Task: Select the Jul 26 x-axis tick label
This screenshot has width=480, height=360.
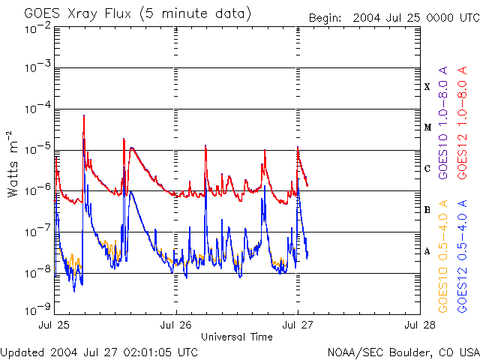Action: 176,325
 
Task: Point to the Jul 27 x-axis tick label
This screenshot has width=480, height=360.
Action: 298,325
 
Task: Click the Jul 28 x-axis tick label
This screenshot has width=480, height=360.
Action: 418,325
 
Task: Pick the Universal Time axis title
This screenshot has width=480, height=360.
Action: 237,337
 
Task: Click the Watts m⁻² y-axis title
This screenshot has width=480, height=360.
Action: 13,163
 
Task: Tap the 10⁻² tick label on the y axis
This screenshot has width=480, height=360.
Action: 37,28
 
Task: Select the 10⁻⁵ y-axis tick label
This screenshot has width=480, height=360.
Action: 37,150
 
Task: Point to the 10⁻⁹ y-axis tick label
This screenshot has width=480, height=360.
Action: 37,307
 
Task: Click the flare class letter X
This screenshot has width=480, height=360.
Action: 427,87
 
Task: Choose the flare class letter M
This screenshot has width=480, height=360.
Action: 427,127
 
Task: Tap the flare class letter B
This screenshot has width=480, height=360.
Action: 427,210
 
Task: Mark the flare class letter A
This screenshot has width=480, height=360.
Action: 427,251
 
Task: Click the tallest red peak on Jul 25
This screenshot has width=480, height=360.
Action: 83,116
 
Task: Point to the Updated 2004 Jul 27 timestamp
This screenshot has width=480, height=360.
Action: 100,352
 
